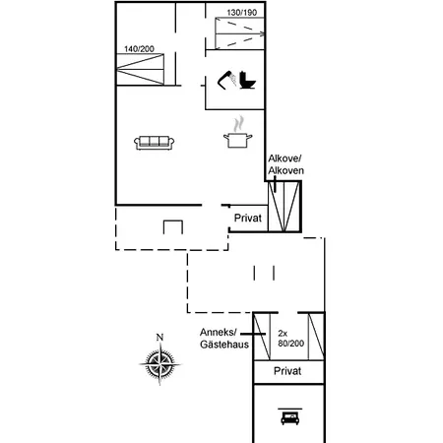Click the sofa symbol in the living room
154,143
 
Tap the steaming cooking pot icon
238,133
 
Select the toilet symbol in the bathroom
248,81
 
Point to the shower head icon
226,80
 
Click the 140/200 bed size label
139,49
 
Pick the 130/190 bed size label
242,13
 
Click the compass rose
159,363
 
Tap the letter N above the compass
159,337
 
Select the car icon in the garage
290,417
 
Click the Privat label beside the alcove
248,218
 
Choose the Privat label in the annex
287,371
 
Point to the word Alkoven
285,170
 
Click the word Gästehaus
224,345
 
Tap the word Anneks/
219,333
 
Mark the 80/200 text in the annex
291,344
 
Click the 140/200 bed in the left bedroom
141,69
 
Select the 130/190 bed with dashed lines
240,33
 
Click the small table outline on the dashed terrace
173,227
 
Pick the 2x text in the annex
283,334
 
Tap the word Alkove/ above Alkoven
285,158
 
